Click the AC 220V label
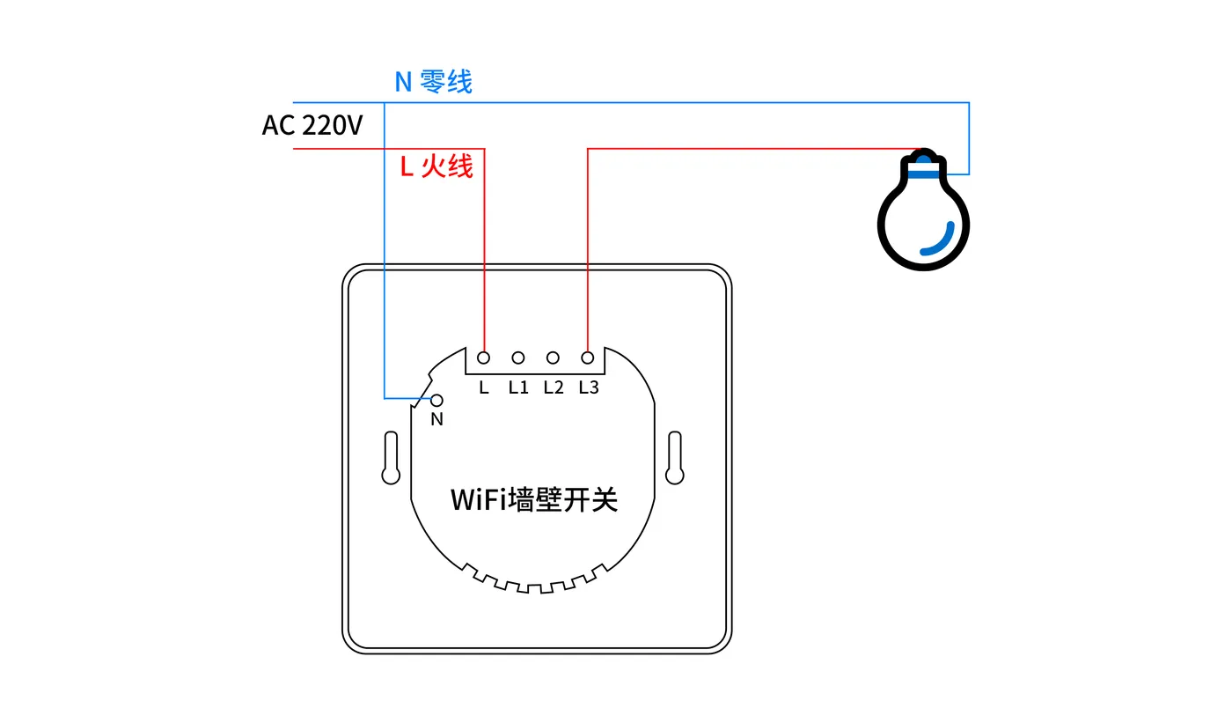[312, 125]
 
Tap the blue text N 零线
[433, 82]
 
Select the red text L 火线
[436, 166]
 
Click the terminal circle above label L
[483, 358]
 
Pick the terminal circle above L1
[518, 358]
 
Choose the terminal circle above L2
[553, 358]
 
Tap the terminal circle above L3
[588, 358]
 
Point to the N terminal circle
[436, 401]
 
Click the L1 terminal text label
[518, 387]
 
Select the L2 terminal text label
[554, 387]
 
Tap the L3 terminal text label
[589, 387]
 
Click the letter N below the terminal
[436, 419]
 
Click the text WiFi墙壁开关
[534, 499]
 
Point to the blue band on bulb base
[923, 174]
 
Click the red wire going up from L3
[588, 250]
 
